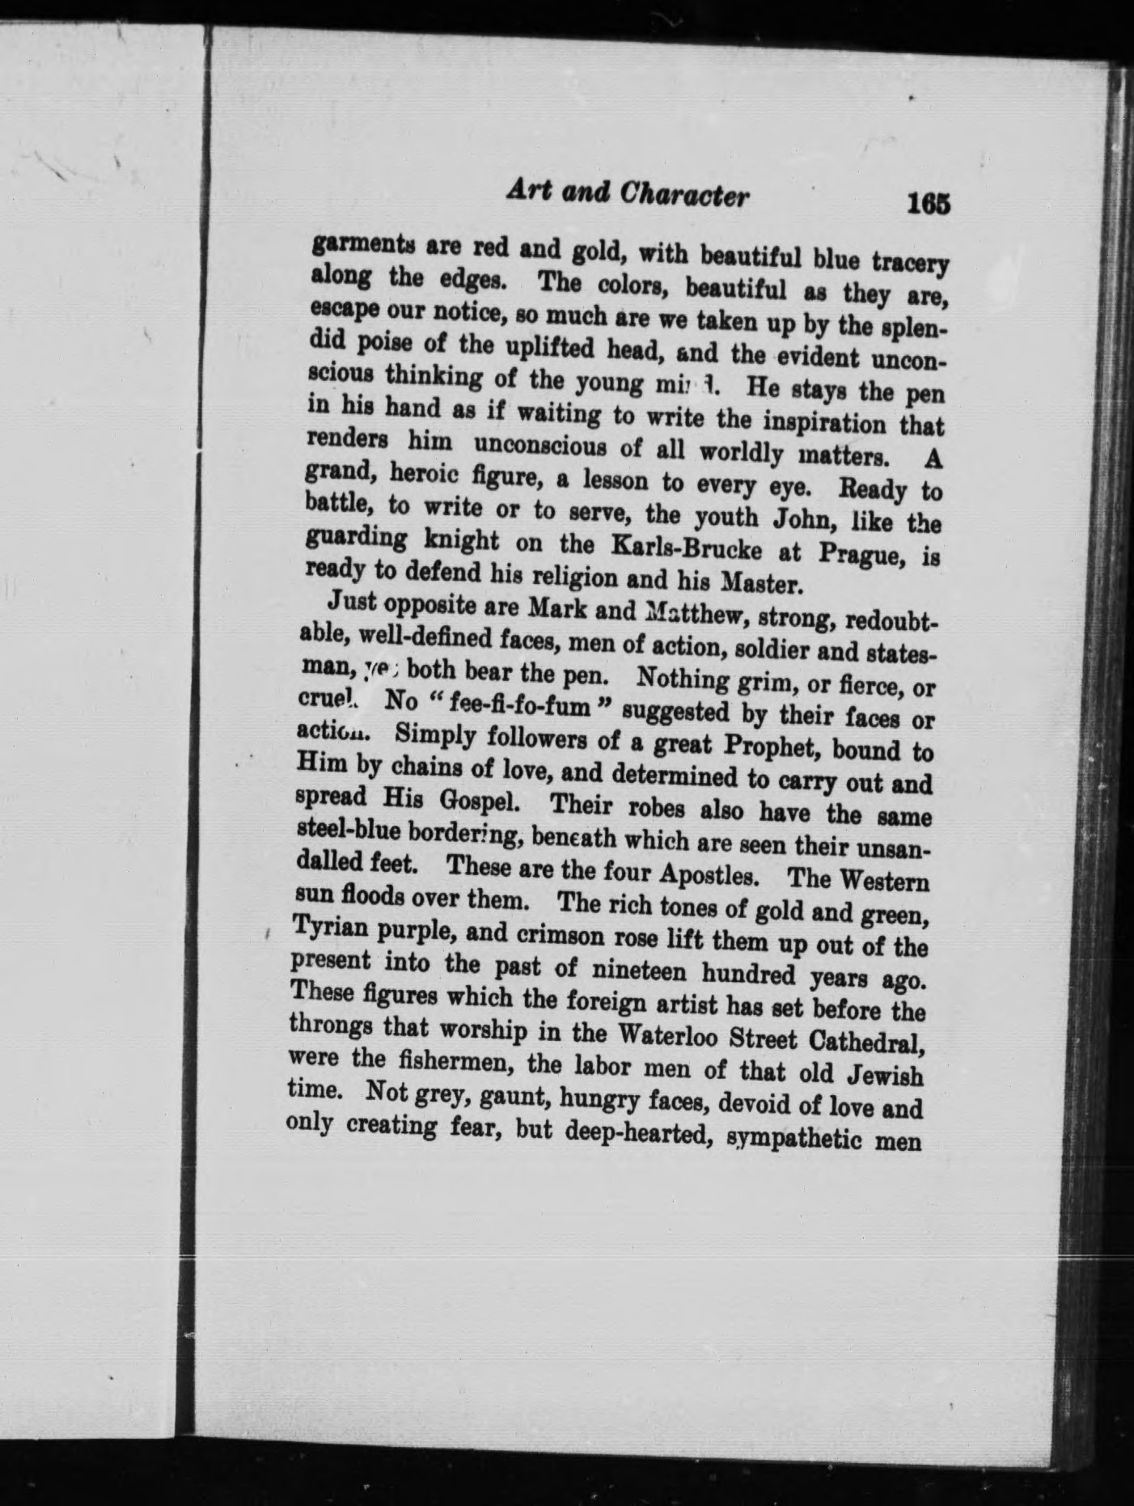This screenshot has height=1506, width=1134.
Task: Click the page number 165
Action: click(928, 203)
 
